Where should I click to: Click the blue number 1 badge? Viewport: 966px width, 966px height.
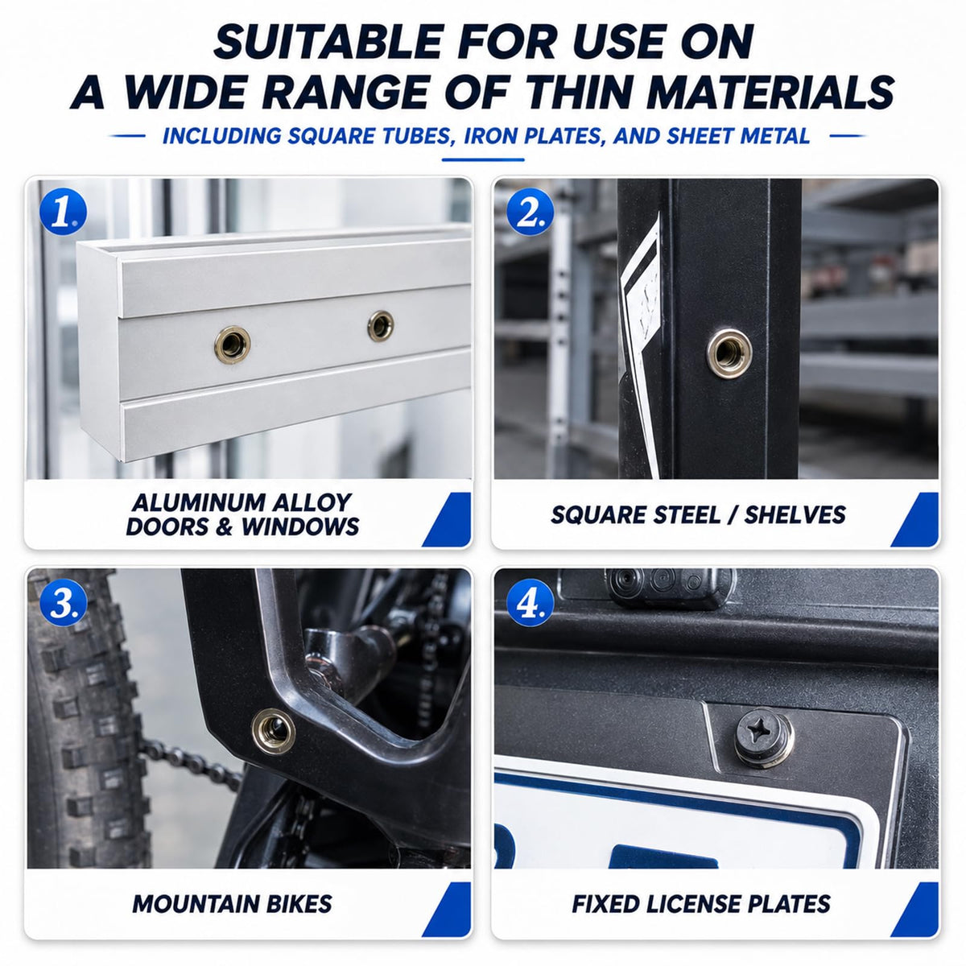(x=63, y=212)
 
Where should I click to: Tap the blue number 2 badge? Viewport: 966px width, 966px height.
(x=530, y=212)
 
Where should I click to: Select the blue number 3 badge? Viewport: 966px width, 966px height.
(x=63, y=602)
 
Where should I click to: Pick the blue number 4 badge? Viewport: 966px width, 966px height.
(x=530, y=602)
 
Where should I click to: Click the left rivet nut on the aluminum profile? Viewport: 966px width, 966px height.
(x=233, y=345)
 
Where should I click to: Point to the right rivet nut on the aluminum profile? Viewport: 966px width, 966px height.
(x=381, y=326)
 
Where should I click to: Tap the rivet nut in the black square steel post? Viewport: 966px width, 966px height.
(x=729, y=353)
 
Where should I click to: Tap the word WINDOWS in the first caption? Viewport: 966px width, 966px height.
(x=300, y=526)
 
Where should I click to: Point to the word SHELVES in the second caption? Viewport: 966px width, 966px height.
(x=795, y=514)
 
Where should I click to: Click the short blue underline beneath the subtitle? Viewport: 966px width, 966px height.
(x=483, y=160)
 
